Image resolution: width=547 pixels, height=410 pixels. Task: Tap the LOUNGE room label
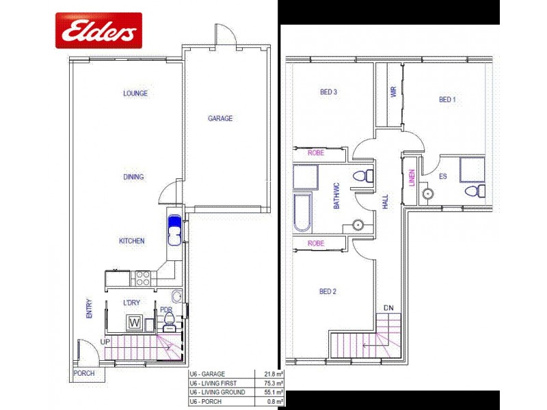pos(135,94)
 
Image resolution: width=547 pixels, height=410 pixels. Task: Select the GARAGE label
pos(220,118)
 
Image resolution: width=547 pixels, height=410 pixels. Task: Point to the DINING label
pos(133,177)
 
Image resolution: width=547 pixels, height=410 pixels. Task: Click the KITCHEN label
pos(132,241)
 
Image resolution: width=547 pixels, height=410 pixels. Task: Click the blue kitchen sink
pos(174,230)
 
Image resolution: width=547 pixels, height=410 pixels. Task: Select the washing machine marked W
pos(135,322)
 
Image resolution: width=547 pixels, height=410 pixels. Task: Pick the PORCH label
pos(84,374)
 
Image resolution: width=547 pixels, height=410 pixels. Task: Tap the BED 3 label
pos(328,92)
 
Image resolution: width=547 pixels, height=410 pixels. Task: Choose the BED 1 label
pos(446,100)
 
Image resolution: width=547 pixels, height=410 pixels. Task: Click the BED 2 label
pos(328,292)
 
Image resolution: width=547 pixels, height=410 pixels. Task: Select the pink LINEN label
pos(412,178)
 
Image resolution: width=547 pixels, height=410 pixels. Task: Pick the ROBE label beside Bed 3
pos(316,152)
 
